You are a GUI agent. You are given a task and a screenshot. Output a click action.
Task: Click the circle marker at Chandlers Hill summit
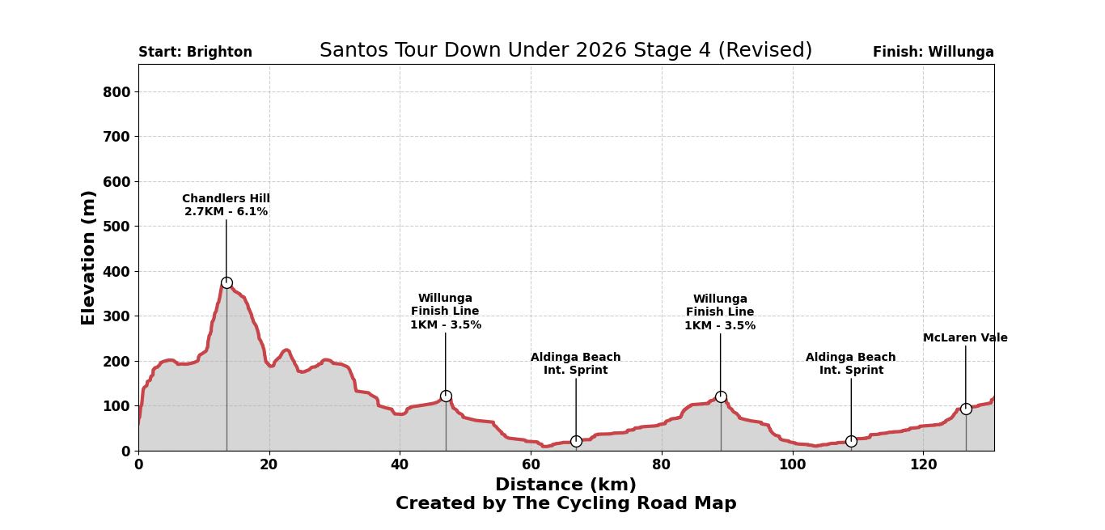click(x=227, y=283)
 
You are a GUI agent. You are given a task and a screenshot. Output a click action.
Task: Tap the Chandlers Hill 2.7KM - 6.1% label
click(x=226, y=206)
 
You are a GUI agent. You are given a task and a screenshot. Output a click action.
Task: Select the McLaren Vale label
click(x=965, y=338)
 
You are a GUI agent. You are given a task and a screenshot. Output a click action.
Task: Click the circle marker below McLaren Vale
click(x=966, y=409)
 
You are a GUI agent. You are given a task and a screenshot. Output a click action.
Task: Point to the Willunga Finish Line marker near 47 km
click(x=446, y=396)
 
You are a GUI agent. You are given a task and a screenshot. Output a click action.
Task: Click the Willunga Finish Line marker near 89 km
click(x=721, y=396)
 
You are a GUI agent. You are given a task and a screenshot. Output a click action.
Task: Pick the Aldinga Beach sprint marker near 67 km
click(x=576, y=441)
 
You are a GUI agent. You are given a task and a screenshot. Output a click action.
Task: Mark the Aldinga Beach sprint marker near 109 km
click(x=851, y=441)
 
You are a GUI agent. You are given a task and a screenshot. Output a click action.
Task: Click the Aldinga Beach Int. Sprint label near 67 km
click(x=576, y=364)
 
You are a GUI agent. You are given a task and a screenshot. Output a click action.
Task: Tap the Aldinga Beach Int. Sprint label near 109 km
click(x=851, y=364)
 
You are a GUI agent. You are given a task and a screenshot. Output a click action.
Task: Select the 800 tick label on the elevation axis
click(x=116, y=92)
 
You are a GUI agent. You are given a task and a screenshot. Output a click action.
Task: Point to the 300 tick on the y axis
click(x=116, y=316)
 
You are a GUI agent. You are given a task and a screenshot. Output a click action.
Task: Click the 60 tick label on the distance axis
click(x=531, y=465)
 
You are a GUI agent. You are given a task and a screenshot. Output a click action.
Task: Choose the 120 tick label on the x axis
click(x=923, y=465)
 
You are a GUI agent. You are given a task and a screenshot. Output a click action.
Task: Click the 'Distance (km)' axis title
click(x=565, y=485)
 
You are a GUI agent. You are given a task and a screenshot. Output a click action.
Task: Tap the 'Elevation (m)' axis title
click(x=89, y=257)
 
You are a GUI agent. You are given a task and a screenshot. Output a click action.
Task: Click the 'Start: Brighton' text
click(x=195, y=53)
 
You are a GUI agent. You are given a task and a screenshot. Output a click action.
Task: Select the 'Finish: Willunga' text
click(x=933, y=53)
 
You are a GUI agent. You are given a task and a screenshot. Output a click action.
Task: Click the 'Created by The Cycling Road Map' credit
click(x=565, y=504)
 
